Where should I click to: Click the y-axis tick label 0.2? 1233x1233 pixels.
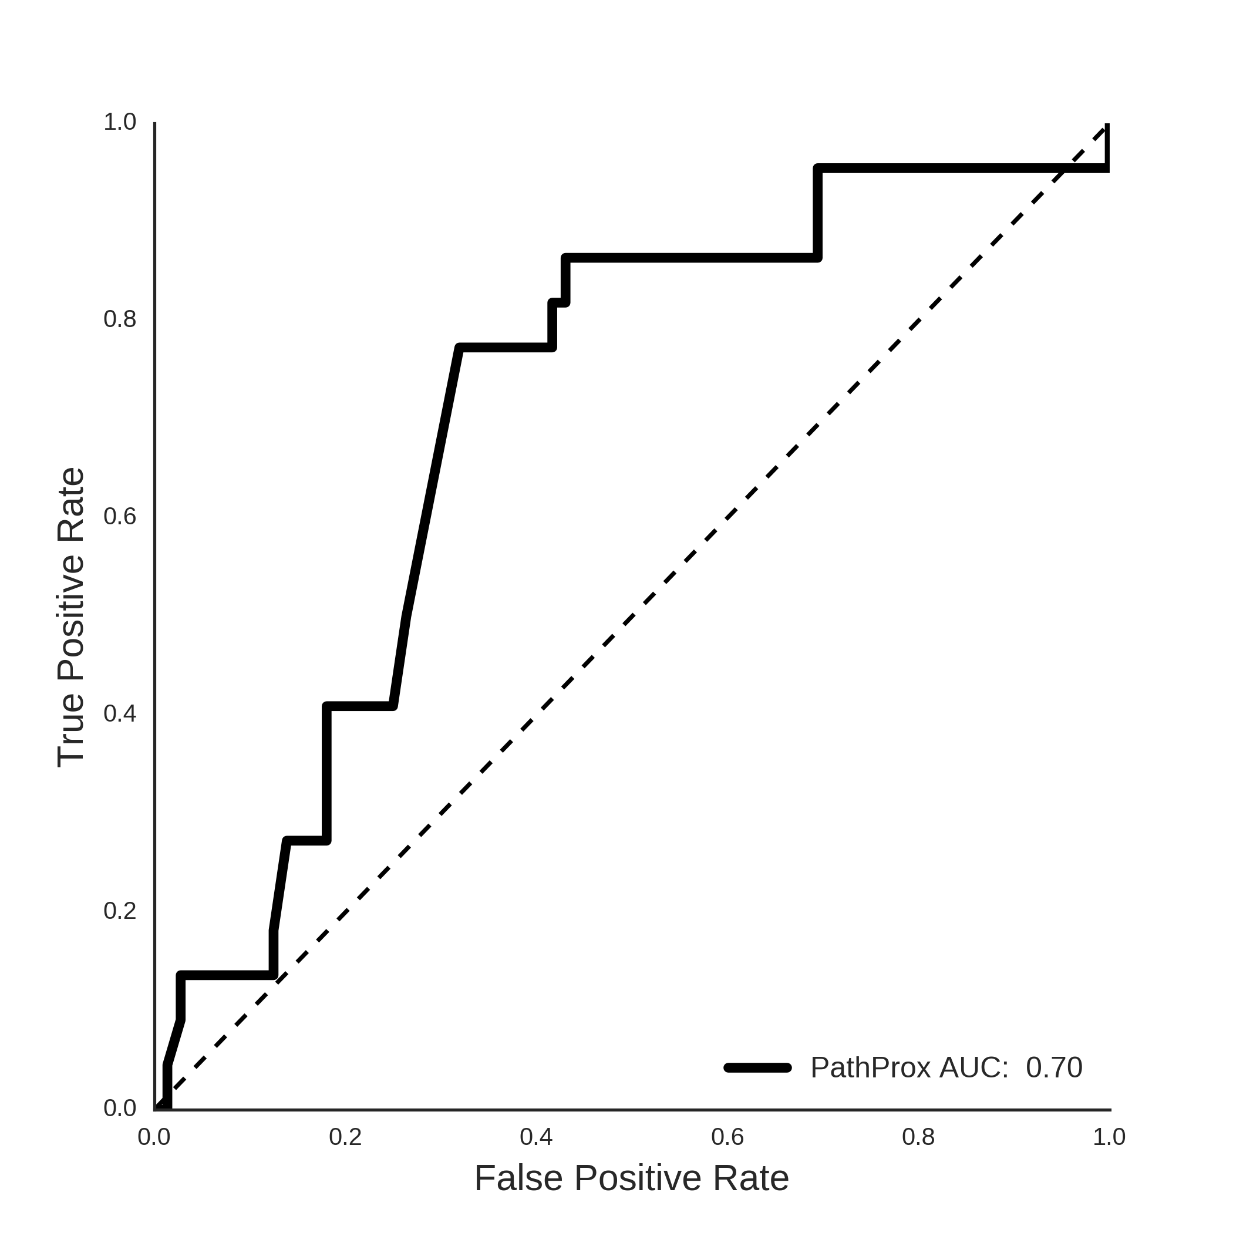pyautogui.click(x=120, y=911)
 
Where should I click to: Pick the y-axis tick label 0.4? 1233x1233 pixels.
pyautogui.click(x=120, y=714)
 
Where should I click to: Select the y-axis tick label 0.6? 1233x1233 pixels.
pyautogui.click(x=120, y=517)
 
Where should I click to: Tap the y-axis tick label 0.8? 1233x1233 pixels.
pyautogui.click(x=120, y=319)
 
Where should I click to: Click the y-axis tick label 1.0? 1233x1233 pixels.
pyautogui.click(x=120, y=122)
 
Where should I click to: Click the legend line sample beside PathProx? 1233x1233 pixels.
pyautogui.click(x=757, y=1067)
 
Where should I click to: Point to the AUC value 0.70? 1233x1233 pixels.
pyautogui.click(x=1055, y=1067)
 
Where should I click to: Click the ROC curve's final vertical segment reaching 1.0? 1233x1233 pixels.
pyautogui.click(x=1107, y=146)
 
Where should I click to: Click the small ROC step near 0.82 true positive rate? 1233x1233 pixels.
pyautogui.click(x=559, y=302)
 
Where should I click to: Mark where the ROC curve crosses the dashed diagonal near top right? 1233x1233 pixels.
pyautogui.click(x=1062, y=169)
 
